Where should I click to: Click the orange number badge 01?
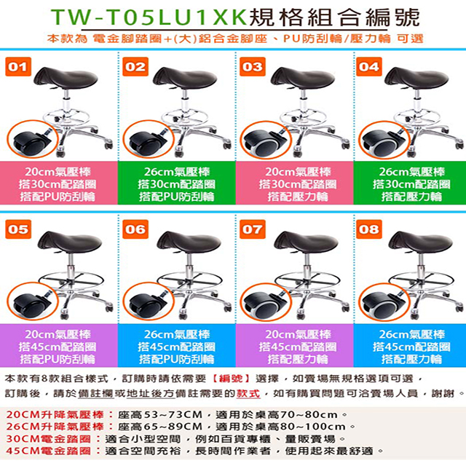coord(18,66)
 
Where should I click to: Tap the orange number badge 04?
coord(369,66)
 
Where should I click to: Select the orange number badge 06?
coord(135,229)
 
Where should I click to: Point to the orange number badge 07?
coord(253,229)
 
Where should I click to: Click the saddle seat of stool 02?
coord(185,78)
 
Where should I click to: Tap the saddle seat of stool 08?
coord(421,242)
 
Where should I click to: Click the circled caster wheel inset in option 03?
coord(266,141)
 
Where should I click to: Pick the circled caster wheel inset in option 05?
coord(33,302)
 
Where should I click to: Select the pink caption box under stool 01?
coord(59,183)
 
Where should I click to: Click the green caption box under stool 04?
coord(410,183)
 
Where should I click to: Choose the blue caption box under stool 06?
coord(177,345)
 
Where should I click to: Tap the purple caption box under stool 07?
coord(295,345)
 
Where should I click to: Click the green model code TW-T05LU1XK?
coord(149,17)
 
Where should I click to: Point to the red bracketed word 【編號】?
coord(232,379)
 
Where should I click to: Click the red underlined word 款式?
coord(248,393)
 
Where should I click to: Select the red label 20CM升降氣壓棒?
coord(55,414)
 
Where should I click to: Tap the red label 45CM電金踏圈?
coord(48,451)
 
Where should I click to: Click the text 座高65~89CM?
coord(160,427)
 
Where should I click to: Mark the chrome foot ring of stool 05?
coord(71,280)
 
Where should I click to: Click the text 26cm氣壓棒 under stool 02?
coord(177,172)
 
